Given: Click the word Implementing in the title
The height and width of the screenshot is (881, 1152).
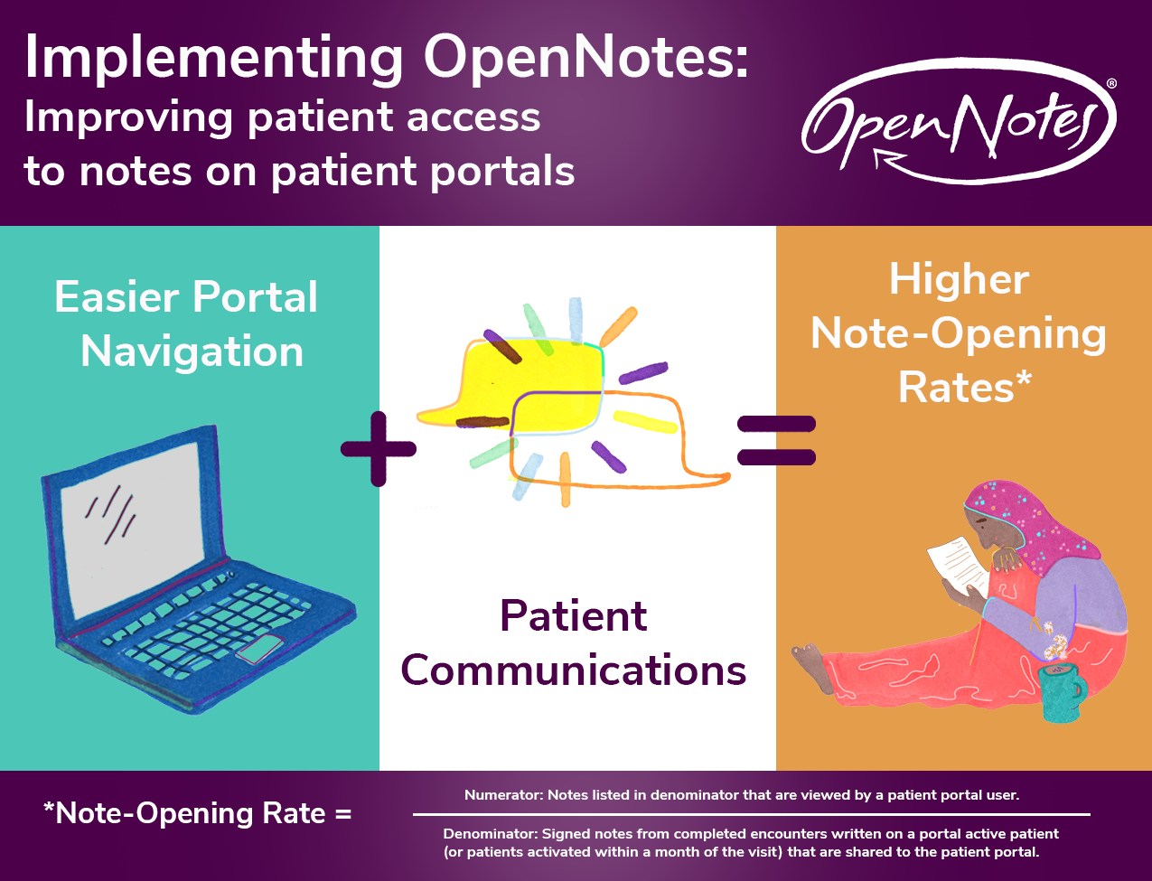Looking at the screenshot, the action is [x=214, y=59].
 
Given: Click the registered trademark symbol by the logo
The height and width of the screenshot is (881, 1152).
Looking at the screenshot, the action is [x=1111, y=83].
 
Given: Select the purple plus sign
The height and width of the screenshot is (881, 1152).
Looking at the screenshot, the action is [x=379, y=449].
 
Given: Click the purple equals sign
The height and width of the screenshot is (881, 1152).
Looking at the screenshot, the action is [x=776, y=440].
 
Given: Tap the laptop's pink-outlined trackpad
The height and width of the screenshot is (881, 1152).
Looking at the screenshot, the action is [x=261, y=649].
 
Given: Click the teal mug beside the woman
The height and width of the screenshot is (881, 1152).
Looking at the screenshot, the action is [x=1061, y=693].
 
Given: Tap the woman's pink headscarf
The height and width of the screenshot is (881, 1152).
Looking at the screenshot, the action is [x=1028, y=525].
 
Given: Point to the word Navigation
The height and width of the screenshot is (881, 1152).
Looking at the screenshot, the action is [x=192, y=351].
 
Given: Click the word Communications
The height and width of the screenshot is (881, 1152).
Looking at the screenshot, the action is [x=573, y=670].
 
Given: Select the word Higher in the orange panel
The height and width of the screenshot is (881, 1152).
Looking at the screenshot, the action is [x=959, y=280].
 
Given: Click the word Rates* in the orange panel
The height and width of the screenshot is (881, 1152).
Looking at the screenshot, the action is [x=965, y=388].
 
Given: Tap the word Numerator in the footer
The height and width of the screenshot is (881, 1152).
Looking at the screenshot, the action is [x=502, y=795].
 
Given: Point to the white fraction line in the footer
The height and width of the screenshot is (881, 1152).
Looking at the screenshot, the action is [x=752, y=814].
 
